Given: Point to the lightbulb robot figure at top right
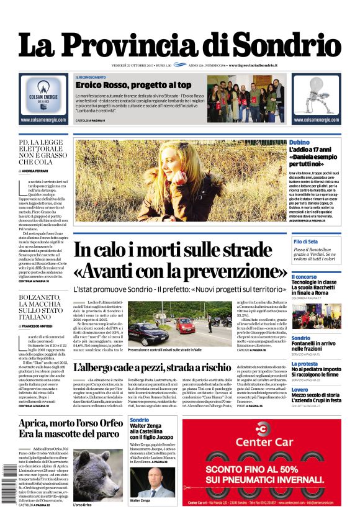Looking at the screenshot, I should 315,93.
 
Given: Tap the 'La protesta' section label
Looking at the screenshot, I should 305,364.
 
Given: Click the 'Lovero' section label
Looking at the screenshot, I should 300,390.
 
